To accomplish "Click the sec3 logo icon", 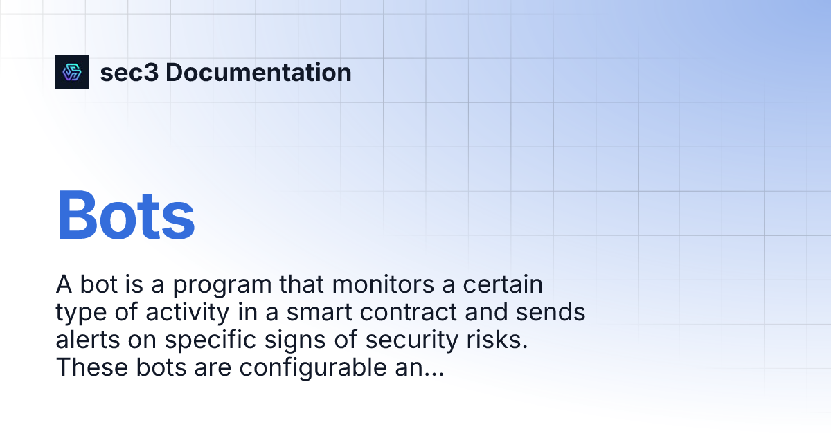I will pyautogui.click(x=72, y=72).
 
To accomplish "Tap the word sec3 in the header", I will pyautogui.click(x=129, y=73).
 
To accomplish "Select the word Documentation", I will pyautogui.click(x=258, y=73).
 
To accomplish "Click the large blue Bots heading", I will pyautogui.click(x=125, y=215).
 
